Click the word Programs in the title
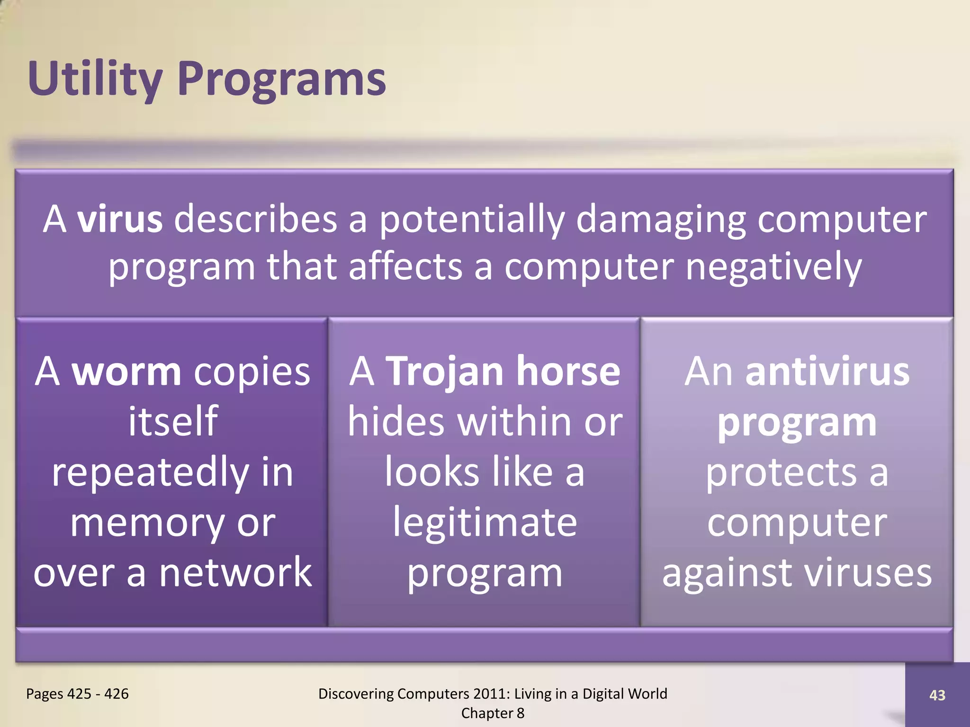pyautogui.click(x=282, y=80)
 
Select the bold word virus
pyautogui.click(x=120, y=219)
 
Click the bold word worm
pyautogui.click(x=126, y=372)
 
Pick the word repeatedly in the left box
pyautogui.click(x=151, y=472)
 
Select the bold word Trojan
pyautogui.click(x=445, y=372)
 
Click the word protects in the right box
pyautogui.click(x=781, y=472)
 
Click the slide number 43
pyautogui.click(x=937, y=695)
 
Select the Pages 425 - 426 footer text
pyautogui.click(x=77, y=694)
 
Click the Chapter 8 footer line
pyautogui.click(x=493, y=713)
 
